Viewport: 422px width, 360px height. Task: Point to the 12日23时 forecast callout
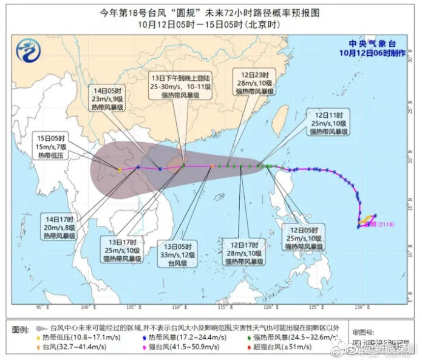tap(254, 82)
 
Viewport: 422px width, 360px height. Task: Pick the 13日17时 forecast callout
tap(121, 249)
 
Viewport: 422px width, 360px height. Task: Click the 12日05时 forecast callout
tap(304, 236)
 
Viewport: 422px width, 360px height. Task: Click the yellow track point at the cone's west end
tap(120, 169)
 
